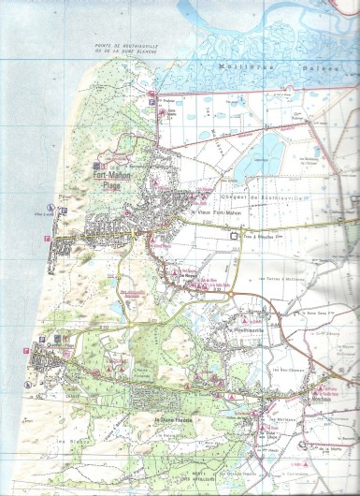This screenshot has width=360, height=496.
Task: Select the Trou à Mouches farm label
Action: [x=265, y=236]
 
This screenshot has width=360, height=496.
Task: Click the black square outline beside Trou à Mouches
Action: [x=234, y=236]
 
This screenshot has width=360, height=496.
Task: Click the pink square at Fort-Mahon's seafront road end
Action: [x=46, y=241]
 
